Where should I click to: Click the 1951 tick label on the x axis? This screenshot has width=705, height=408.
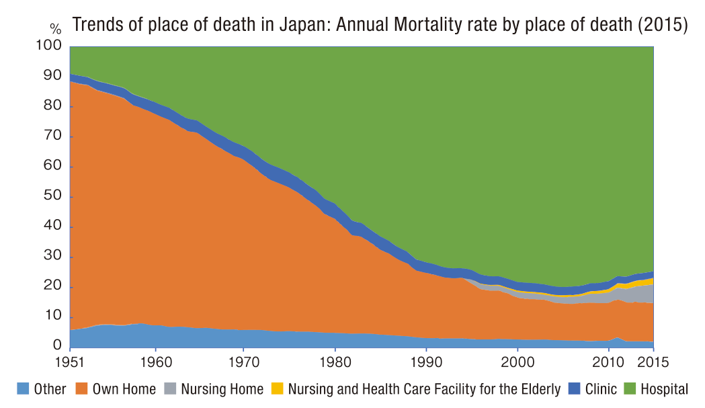(69, 363)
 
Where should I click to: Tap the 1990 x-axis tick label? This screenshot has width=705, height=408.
(426, 363)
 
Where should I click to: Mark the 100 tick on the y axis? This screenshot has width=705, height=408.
(51, 46)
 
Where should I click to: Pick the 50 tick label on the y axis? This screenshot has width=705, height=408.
(54, 196)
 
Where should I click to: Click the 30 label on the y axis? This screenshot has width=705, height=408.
(54, 257)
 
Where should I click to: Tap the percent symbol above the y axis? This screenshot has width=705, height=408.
(55, 29)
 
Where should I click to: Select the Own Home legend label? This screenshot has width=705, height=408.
(124, 389)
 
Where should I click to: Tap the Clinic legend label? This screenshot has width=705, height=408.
(602, 389)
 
